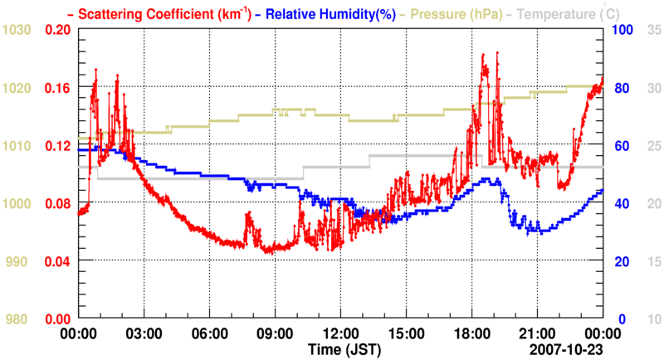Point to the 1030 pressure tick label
click(17, 30)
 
